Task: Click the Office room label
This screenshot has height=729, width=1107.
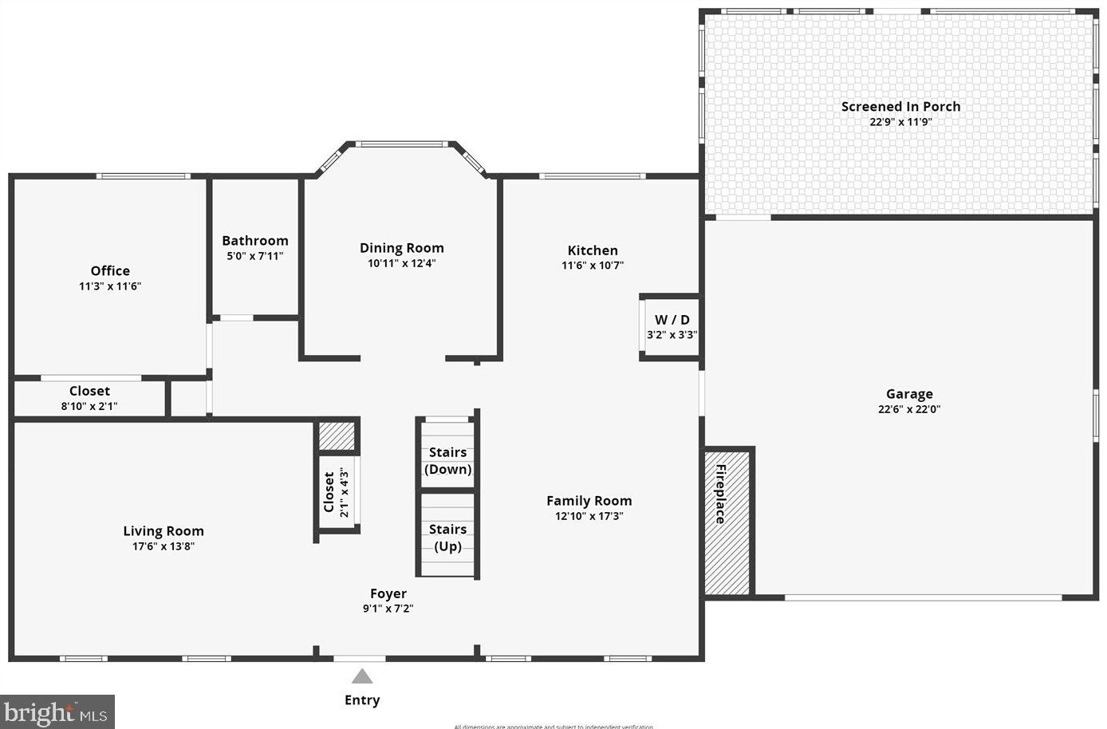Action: coord(110,271)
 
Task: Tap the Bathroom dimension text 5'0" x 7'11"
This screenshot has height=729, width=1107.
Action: coord(254,256)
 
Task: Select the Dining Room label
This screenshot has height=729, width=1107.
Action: coord(401,248)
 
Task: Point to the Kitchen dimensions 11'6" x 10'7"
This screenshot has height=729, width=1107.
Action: coord(592,266)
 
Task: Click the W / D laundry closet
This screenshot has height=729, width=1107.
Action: coord(671,327)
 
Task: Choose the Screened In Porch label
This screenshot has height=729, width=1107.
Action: coord(900,107)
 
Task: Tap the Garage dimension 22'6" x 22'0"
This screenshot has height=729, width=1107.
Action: coord(908,409)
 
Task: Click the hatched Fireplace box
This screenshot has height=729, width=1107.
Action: coord(727,523)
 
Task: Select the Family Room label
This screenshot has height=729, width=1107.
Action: coord(589,501)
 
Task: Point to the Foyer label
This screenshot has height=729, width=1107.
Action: coord(388,593)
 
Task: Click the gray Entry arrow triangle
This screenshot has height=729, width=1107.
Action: coord(362,676)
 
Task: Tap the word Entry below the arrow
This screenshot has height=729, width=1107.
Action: coord(362,700)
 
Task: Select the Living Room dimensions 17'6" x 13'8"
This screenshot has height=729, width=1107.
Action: coord(163,546)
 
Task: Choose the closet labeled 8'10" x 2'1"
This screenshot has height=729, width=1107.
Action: coord(89,398)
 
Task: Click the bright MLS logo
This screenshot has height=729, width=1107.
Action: coord(57,711)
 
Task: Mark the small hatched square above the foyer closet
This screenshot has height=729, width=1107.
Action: coord(336,435)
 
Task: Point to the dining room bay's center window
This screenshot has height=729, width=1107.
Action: coord(400,144)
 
